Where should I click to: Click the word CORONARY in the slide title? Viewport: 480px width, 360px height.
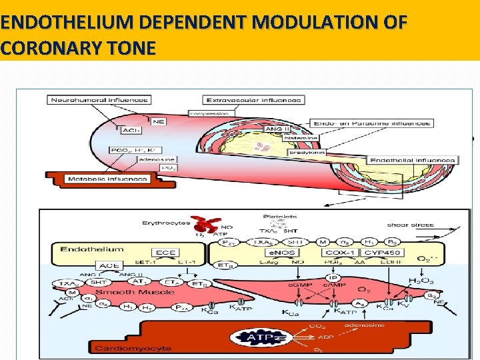(x=39, y=48)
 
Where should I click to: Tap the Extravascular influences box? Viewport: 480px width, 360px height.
(x=254, y=100)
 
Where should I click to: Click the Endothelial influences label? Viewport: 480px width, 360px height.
(x=413, y=160)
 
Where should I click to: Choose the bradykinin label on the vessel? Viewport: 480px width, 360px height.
(x=306, y=152)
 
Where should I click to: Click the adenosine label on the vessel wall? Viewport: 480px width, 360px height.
(x=141, y=159)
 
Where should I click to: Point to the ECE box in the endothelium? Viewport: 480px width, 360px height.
(x=165, y=253)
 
